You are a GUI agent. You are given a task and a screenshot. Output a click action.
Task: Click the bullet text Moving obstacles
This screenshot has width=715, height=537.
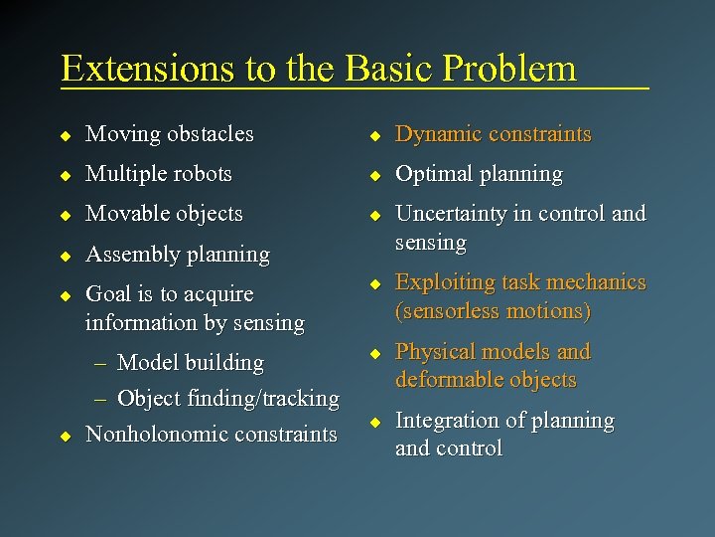point(170,134)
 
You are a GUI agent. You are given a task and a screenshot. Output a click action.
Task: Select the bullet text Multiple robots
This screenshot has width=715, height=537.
point(159,174)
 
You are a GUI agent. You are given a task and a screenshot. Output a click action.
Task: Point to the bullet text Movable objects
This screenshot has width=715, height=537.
point(164,214)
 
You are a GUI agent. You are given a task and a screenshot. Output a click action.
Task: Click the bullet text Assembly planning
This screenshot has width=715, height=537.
point(178,255)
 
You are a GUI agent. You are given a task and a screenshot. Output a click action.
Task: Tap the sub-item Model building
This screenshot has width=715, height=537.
point(191,363)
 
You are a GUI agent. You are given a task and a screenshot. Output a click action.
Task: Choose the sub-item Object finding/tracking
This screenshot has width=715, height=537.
point(228,399)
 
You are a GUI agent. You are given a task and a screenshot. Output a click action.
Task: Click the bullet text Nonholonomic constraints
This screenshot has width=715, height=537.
point(212,435)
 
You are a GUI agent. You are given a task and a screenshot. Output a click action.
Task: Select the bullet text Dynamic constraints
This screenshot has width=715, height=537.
point(493,134)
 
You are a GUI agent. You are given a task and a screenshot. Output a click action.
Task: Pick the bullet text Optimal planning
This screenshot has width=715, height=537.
point(479,174)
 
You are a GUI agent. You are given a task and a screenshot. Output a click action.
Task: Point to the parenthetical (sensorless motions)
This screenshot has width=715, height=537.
point(493,311)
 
